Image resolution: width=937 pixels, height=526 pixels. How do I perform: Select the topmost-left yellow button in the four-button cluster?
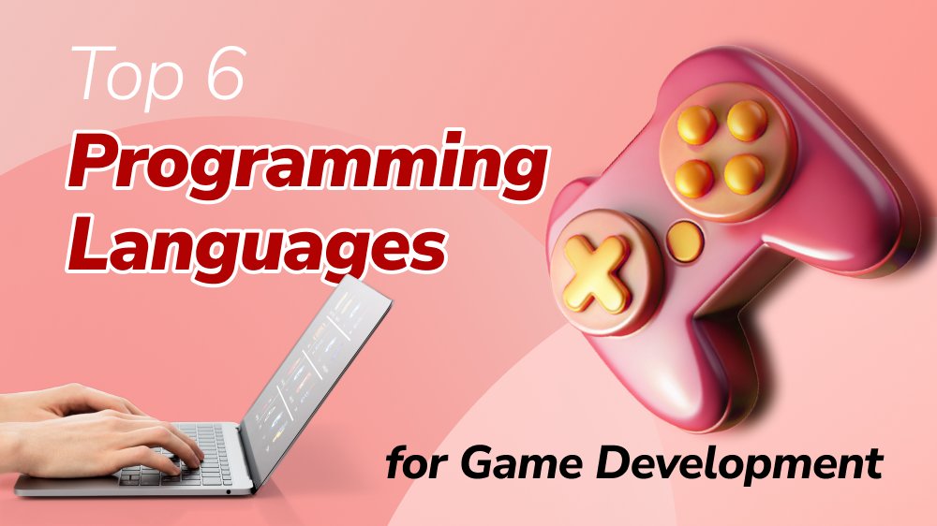point(696,124)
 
